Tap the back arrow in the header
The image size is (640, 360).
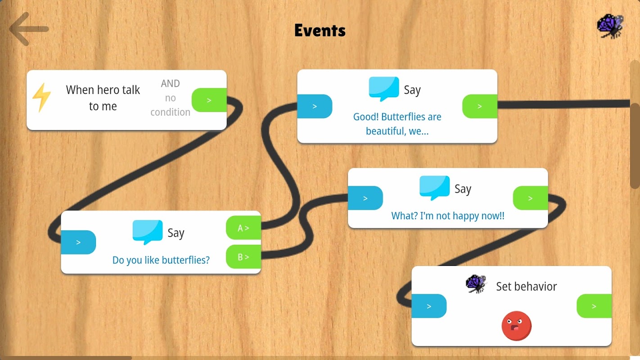[29, 29]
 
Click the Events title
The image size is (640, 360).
[320, 30]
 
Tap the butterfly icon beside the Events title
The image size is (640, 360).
[610, 26]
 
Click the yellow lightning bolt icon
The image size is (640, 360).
[41, 97]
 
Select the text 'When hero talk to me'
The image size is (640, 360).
[103, 98]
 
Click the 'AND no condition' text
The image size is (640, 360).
[170, 98]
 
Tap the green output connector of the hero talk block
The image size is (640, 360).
[209, 100]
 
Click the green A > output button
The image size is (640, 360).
[243, 228]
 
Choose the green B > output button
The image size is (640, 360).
[243, 257]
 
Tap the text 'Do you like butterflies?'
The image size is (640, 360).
[161, 260]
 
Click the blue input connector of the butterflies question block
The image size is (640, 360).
[78, 243]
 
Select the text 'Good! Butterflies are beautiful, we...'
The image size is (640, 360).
[397, 124]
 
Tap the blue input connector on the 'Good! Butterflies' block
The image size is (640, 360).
[315, 106]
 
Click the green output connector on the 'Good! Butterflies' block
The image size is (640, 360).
[480, 106]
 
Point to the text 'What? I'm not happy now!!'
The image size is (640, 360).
[448, 216]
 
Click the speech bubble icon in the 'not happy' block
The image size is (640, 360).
[434, 187]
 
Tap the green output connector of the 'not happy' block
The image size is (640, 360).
[530, 198]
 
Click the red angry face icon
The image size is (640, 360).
[516, 326]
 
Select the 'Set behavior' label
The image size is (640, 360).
[526, 287]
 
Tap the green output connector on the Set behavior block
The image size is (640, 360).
[594, 306]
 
